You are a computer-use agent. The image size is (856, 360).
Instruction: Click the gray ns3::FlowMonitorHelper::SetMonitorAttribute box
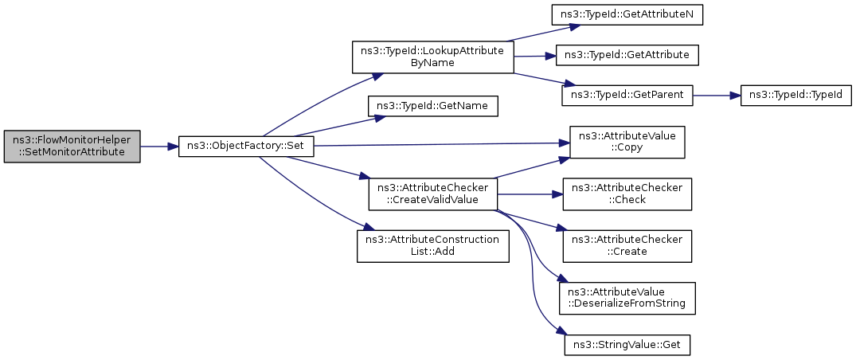click(x=72, y=147)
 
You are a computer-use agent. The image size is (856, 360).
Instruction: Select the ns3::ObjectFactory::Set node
click(x=246, y=147)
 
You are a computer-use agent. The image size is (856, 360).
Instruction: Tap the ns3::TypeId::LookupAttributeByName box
click(x=433, y=57)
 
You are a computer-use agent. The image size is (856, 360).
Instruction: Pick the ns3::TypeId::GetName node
click(x=433, y=105)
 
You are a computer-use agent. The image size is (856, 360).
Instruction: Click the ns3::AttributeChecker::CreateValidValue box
click(x=433, y=194)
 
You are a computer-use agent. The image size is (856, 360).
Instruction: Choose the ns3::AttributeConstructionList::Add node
click(x=433, y=246)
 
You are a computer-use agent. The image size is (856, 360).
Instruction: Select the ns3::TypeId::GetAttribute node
click(x=627, y=55)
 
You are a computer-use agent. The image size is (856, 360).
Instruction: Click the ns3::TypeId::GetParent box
click(x=627, y=96)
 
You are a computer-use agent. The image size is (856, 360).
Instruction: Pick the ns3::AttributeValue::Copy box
click(x=627, y=142)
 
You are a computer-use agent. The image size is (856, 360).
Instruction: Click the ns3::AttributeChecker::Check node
click(x=627, y=194)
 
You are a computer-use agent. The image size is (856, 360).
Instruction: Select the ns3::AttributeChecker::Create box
click(x=627, y=246)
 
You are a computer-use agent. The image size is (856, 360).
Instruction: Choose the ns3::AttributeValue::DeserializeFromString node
click(x=627, y=298)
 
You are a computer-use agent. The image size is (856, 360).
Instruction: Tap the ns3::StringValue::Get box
click(x=627, y=345)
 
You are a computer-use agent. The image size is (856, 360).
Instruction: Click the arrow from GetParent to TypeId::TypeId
click(x=716, y=96)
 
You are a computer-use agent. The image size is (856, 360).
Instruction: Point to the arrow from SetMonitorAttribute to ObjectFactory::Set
click(x=159, y=147)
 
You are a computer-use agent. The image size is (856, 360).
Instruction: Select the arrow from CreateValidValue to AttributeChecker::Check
click(x=530, y=194)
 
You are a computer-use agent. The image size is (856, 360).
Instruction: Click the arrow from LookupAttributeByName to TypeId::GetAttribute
click(x=534, y=56)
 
